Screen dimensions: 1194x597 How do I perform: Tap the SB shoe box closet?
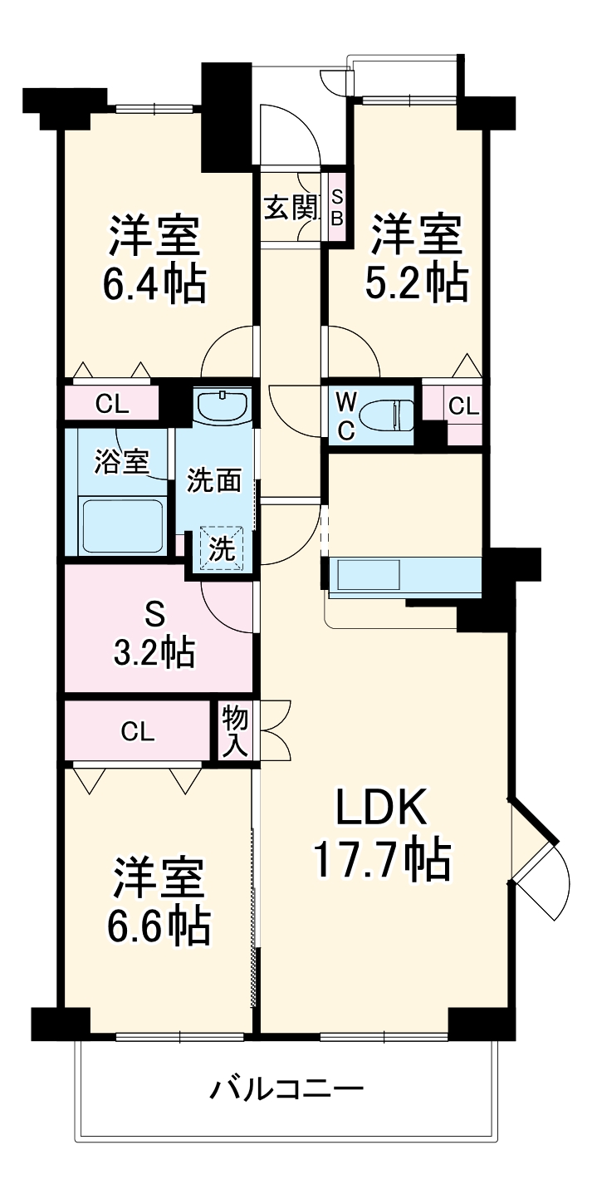(337, 207)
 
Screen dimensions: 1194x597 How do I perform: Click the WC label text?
(346, 415)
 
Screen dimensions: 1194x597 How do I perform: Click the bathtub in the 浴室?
(122, 524)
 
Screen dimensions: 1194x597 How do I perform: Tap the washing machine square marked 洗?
(222, 548)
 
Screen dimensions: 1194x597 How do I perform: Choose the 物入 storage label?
(234, 731)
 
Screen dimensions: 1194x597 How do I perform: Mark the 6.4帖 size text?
(154, 284)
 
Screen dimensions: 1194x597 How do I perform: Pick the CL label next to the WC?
(463, 406)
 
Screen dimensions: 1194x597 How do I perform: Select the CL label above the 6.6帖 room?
(137, 731)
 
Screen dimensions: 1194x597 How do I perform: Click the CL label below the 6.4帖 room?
(111, 405)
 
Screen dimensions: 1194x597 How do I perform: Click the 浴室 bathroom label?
(121, 462)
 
